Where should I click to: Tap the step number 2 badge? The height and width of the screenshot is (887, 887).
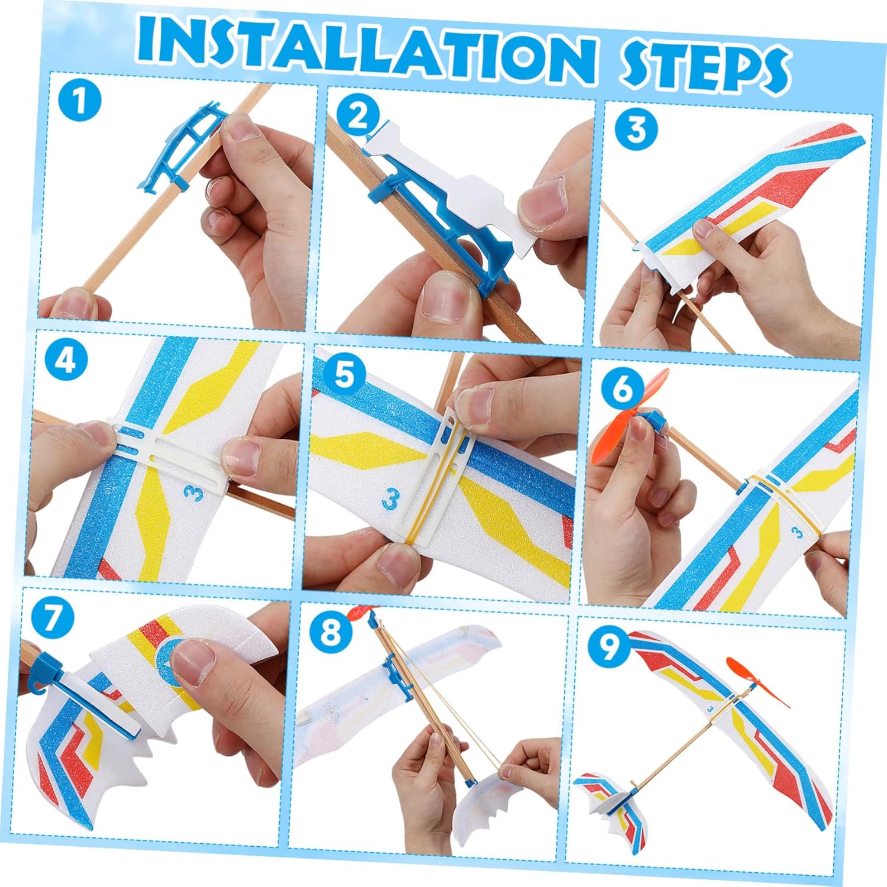pyautogui.click(x=357, y=116)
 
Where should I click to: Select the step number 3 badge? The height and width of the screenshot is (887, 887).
pyautogui.click(x=636, y=129)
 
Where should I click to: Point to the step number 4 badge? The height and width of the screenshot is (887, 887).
pyautogui.click(x=66, y=360)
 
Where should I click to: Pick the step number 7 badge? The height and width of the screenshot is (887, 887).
pyautogui.click(x=53, y=619)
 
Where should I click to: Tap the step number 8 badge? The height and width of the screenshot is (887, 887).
pyautogui.click(x=331, y=631)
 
